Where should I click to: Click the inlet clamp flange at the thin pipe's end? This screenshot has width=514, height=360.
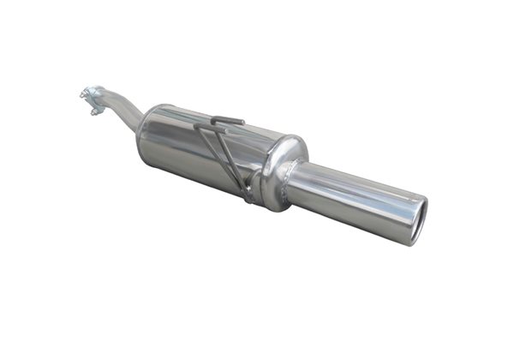tap(92, 96)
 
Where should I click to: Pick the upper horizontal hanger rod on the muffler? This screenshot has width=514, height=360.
tap(227, 120)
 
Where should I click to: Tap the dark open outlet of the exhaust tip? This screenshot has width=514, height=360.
tap(415, 220)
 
